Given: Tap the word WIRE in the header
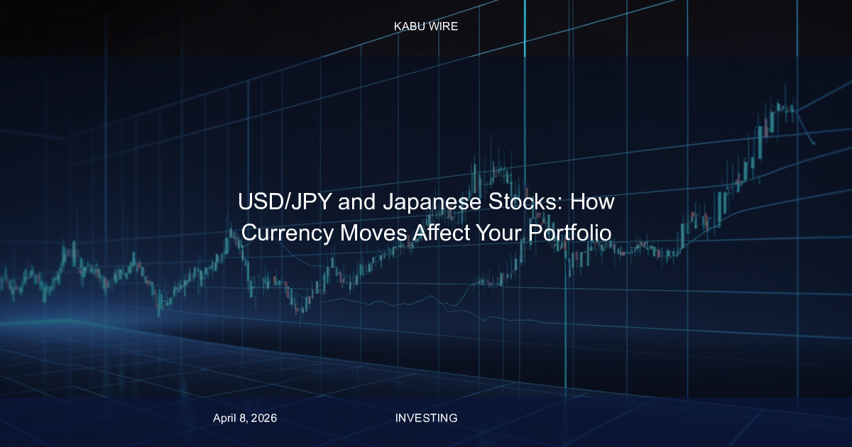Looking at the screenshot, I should pyautogui.click(x=442, y=26).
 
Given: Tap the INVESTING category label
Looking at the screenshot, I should pyautogui.click(x=426, y=418).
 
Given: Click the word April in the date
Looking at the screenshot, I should pyautogui.click(x=226, y=418).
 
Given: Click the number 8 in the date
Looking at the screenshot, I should pyautogui.click(x=244, y=418).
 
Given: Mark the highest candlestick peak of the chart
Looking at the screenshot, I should pyautogui.click(x=785, y=85).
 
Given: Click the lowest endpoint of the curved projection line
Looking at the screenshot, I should pyautogui.click(x=814, y=144).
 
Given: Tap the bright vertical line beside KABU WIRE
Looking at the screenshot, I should pyautogui.click(x=525, y=27).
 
